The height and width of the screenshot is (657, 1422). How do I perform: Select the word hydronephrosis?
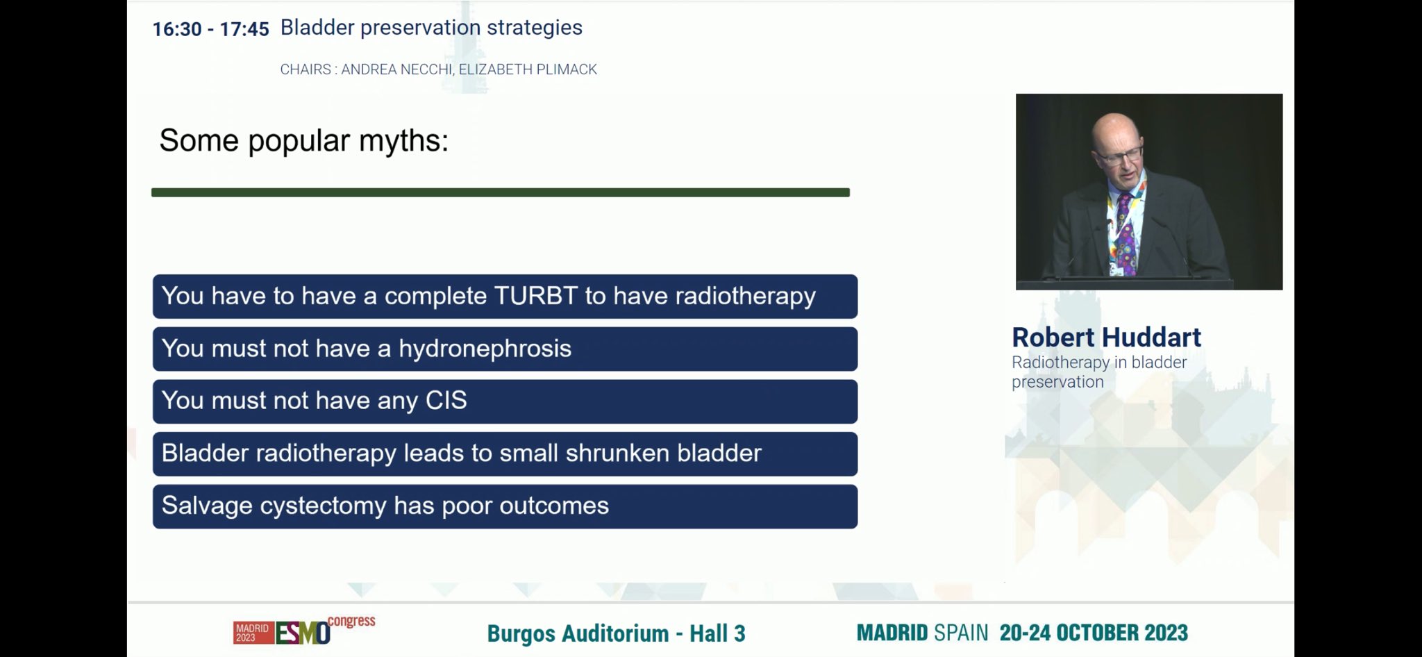[x=485, y=349]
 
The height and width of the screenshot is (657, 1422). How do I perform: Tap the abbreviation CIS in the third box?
[x=446, y=401]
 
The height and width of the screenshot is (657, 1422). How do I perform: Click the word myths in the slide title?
[x=403, y=141]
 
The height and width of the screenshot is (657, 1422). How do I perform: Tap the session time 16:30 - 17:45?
[x=210, y=29]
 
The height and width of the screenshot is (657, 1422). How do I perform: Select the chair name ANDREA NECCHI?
[x=396, y=69]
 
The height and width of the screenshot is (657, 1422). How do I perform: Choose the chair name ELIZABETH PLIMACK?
[x=528, y=69]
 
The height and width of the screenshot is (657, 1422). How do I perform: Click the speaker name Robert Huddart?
[x=1106, y=338]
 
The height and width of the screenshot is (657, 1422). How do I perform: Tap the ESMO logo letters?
[x=303, y=633]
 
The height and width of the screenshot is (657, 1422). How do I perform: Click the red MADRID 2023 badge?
[x=253, y=633]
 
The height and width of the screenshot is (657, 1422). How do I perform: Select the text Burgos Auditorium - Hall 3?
[x=616, y=633]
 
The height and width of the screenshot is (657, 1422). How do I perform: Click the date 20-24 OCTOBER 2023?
[x=1094, y=633]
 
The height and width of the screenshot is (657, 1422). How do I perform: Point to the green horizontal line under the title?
[x=501, y=192]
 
